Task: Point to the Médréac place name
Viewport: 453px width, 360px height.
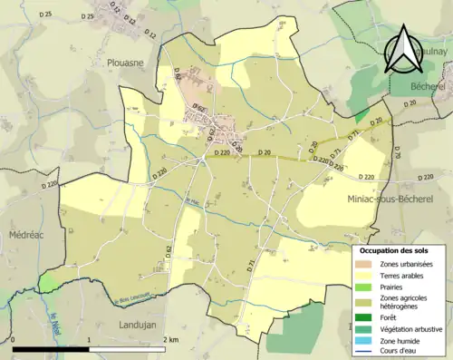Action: [22, 233]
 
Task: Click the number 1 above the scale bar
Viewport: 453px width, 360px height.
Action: [89, 339]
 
